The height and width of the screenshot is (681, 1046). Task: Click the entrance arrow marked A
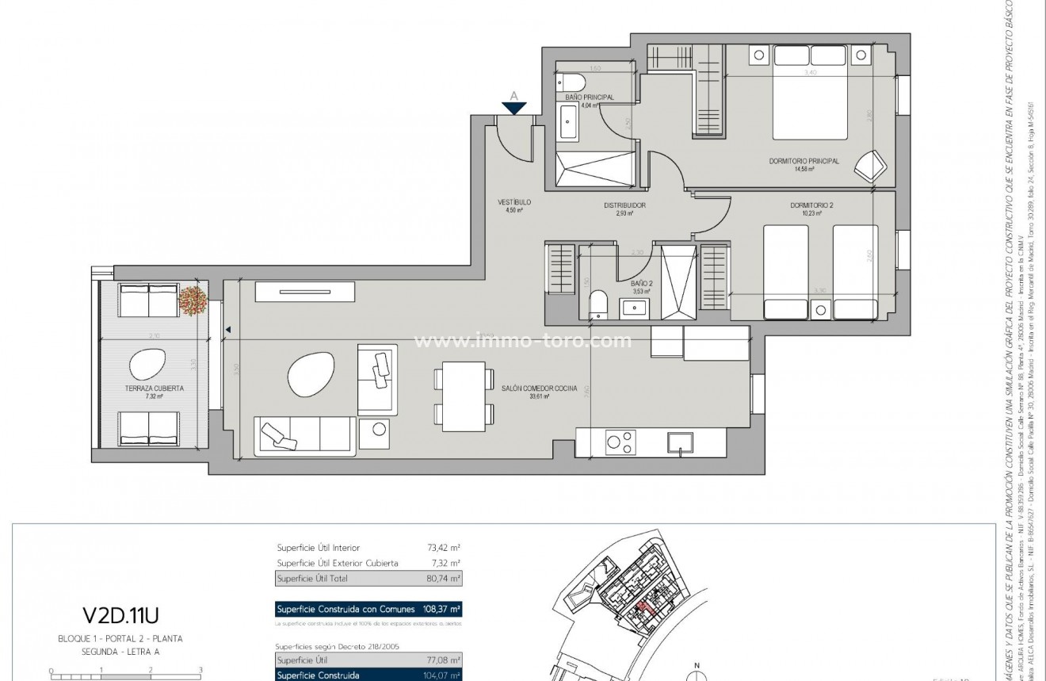click(x=514, y=107)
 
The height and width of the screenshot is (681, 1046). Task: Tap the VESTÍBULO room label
click(x=514, y=203)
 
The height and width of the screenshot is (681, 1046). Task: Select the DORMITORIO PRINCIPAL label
click(x=804, y=161)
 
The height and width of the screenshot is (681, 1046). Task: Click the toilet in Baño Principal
click(x=572, y=82)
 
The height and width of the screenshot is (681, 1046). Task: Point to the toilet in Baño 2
click(x=598, y=305)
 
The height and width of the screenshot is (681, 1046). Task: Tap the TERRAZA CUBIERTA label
click(x=155, y=388)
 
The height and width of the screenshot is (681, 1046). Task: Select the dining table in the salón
click(x=464, y=394)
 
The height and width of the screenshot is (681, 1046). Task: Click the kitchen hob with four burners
click(x=620, y=442)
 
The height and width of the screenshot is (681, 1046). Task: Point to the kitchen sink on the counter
click(x=681, y=442)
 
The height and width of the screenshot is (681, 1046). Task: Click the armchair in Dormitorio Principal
click(x=869, y=166)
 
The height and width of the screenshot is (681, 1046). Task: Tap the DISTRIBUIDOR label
click(x=624, y=205)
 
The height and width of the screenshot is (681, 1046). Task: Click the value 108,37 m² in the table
click(x=441, y=610)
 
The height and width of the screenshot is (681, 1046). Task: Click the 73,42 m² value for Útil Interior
click(x=444, y=548)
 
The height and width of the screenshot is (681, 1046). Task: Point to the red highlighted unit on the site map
click(x=643, y=607)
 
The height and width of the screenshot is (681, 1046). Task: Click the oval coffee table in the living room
click(x=306, y=375)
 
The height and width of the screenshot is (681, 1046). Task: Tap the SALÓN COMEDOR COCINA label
click(x=539, y=388)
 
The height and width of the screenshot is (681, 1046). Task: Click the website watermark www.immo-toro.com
click(x=523, y=342)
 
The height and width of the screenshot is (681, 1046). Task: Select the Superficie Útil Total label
click(x=312, y=579)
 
